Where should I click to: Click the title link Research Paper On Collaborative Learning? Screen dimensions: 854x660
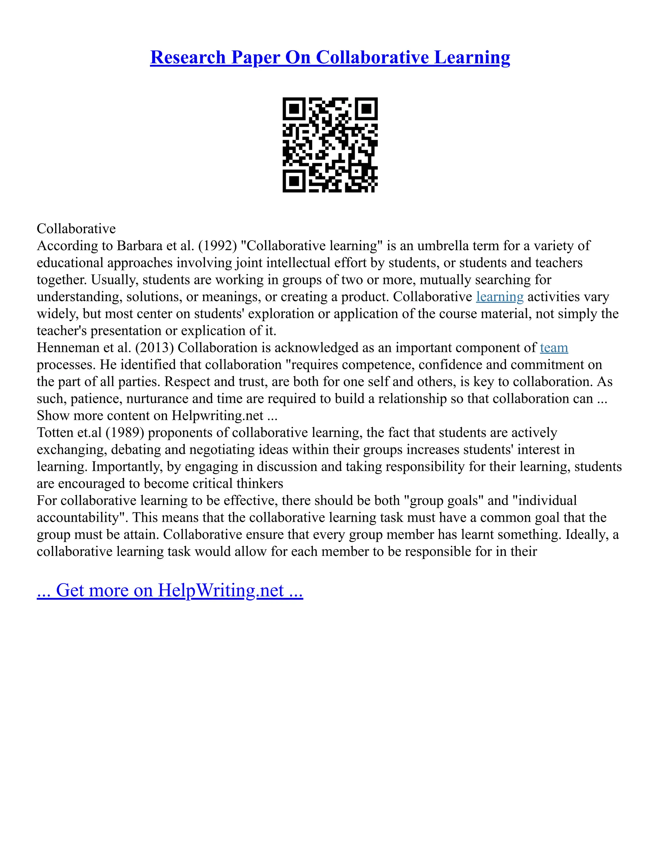click(330, 57)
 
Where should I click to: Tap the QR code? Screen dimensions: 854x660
click(330, 145)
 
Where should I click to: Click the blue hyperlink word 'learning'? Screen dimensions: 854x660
click(499, 297)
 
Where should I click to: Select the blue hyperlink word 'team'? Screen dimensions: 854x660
click(554, 348)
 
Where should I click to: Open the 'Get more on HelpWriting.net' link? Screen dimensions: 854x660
click(170, 590)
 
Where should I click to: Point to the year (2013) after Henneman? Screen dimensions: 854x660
click(154, 348)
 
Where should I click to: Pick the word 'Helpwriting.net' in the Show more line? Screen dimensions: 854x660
click(218, 416)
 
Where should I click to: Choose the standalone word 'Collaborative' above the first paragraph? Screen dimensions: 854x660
click(76, 229)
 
